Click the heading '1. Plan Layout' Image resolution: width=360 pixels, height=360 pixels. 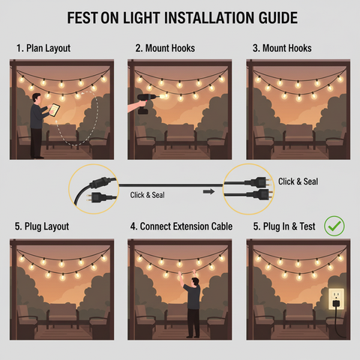[43, 49]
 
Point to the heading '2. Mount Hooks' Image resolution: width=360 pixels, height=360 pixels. [165, 49]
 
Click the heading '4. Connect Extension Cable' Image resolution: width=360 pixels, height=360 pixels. [181, 226]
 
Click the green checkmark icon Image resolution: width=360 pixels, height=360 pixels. [333, 225]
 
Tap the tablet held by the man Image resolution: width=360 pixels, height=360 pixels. [54, 109]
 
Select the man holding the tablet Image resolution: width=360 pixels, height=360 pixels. [37, 124]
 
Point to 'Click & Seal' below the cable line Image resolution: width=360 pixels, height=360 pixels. [148, 195]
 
